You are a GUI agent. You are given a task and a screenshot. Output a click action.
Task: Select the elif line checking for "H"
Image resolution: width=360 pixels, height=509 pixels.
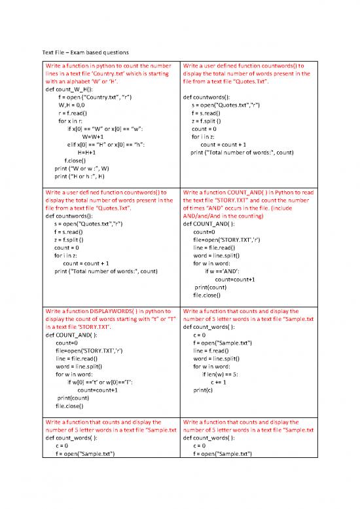pos(105,144)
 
